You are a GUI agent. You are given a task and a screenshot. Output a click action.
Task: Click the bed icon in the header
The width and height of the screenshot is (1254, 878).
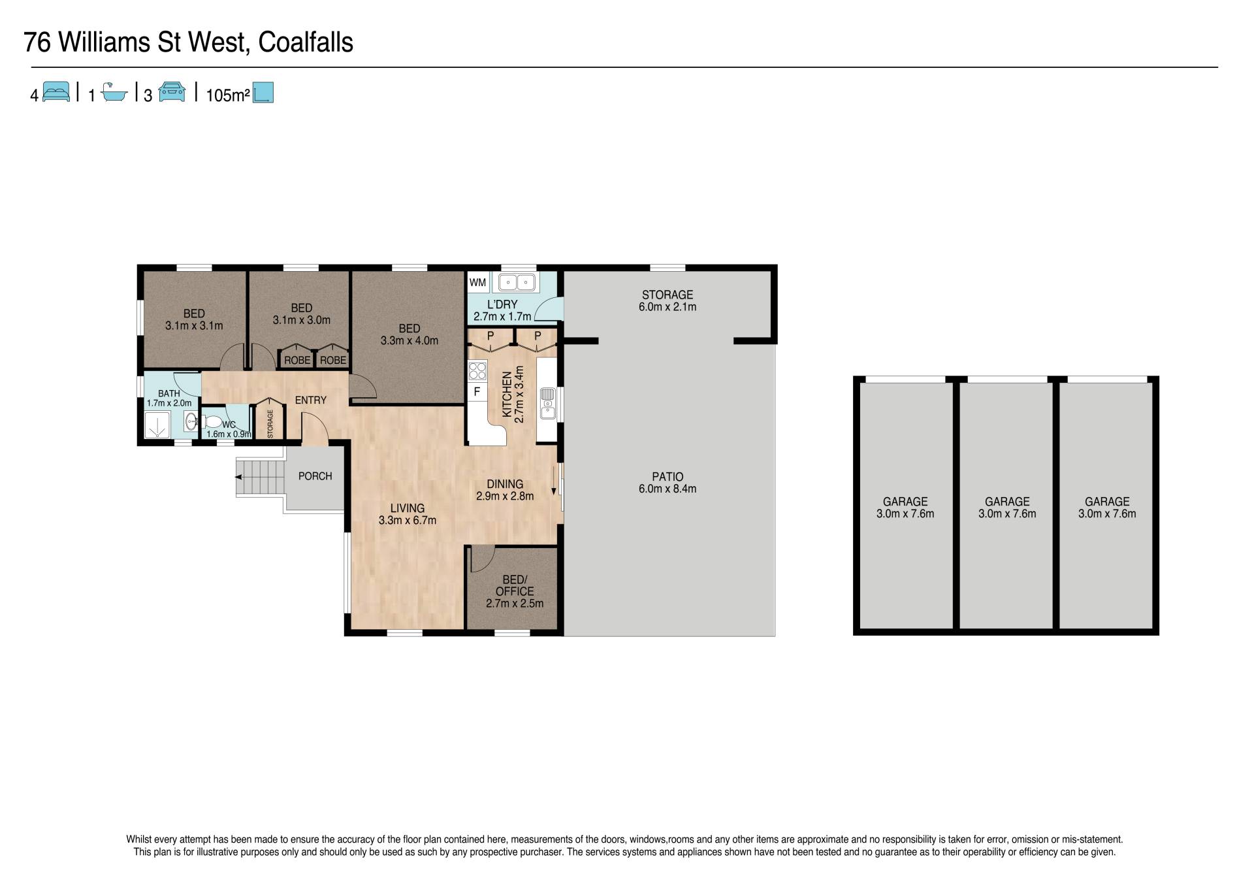point(56,92)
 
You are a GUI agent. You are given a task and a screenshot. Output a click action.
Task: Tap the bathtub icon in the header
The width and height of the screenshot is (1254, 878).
point(114,93)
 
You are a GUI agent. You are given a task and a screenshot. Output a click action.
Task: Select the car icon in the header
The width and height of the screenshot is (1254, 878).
point(172,92)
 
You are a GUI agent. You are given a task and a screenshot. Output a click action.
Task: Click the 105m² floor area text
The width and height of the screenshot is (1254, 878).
point(228,95)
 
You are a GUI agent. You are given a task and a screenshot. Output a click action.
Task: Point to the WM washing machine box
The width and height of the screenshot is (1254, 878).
point(477,282)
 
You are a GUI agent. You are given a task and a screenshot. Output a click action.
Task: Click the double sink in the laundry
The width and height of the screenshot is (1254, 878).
point(517,282)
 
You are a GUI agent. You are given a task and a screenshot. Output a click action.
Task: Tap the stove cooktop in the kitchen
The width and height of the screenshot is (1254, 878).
point(477,370)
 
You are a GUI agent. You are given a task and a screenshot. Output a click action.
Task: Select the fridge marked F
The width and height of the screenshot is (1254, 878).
point(477,392)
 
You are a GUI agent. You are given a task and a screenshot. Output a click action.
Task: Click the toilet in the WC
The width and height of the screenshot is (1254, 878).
point(212,421)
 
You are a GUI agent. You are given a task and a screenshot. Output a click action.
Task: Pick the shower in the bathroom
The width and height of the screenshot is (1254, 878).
point(157,425)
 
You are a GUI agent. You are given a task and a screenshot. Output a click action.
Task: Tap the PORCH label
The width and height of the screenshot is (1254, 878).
point(315,476)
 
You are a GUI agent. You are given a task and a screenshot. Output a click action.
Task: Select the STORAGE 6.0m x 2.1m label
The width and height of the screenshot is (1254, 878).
point(667,301)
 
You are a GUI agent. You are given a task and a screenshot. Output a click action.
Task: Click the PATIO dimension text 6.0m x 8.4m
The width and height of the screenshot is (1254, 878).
point(667,489)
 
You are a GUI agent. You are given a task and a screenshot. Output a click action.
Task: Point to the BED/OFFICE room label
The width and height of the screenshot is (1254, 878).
point(515,585)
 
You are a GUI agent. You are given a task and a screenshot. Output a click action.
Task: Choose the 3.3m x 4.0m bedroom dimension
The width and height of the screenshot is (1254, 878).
point(410,340)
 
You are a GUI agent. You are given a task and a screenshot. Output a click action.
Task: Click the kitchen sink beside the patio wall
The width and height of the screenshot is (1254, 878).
point(547,403)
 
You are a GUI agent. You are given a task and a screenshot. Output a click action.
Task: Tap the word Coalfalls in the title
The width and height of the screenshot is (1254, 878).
point(306,42)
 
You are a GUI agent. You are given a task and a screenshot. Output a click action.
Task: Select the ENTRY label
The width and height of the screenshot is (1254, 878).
point(311,400)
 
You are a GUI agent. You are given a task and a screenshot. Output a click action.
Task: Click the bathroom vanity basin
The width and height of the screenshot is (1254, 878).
point(191,421)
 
